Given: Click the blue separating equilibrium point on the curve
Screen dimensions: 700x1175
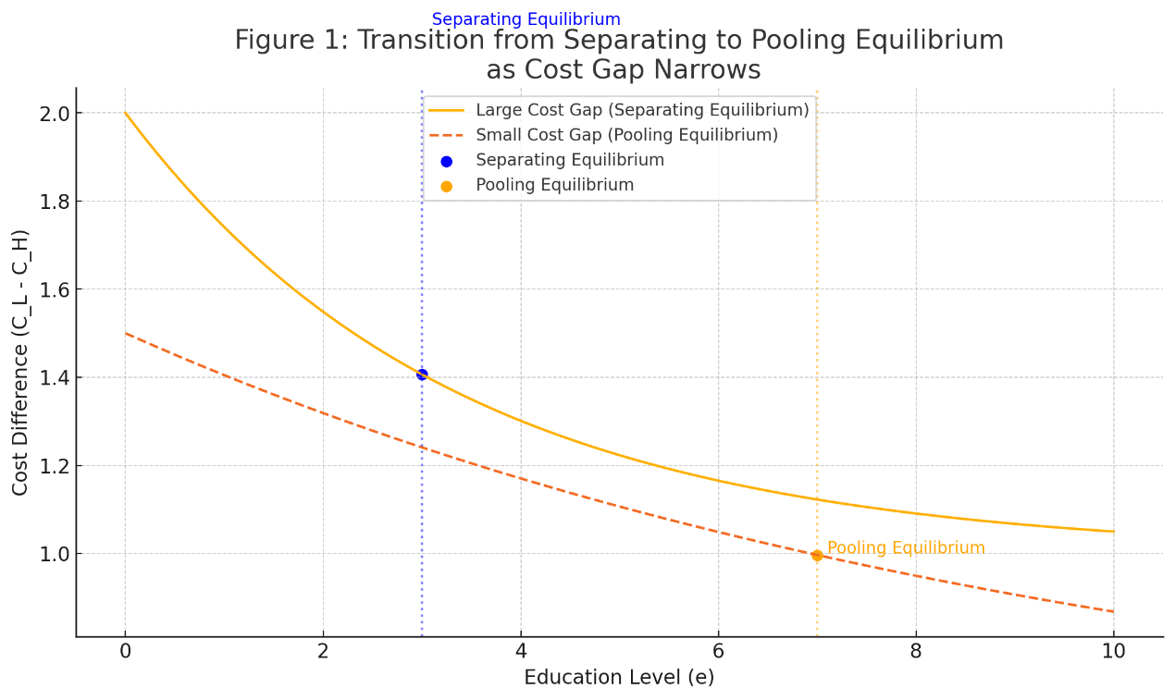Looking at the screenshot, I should click(422, 375).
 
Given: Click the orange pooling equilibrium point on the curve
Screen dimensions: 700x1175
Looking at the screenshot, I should click(817, 555).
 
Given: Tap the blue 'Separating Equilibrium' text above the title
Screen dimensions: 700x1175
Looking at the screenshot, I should click(526, 19).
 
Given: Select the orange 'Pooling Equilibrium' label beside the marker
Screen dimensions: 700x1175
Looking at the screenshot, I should click(905, 548).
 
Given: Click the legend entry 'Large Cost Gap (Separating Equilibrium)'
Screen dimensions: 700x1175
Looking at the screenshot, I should click(642, 110).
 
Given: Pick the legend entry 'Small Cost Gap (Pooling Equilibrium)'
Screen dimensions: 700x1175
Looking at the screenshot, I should click(626, 135).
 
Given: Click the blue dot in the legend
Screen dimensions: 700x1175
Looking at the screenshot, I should click(447, 161).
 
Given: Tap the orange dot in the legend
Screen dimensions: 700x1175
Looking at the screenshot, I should click(447, 186).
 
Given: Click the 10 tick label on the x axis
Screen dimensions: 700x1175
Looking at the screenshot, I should click(1113, 652).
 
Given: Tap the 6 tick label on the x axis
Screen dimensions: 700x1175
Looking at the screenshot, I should click(718, 652).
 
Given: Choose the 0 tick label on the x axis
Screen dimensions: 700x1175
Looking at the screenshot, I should click(125, 652).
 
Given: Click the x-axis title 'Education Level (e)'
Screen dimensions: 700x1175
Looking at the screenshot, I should click(619, 678).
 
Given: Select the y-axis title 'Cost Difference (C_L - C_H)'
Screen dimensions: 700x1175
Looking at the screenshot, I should click(21, 362).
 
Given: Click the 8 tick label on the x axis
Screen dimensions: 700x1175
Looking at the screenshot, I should click(916, 652).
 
